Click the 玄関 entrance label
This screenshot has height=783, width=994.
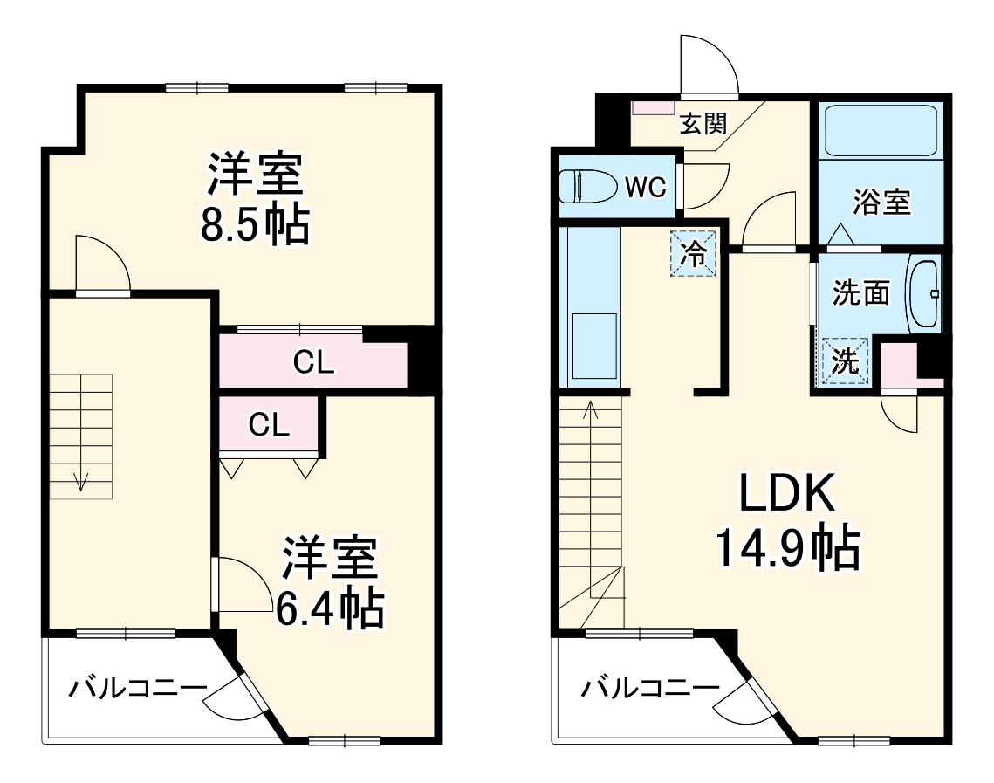703,124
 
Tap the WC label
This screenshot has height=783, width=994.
645,186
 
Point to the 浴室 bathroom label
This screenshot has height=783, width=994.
881,203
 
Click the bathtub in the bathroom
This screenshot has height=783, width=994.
880,131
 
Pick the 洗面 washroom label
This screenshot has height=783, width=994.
860,293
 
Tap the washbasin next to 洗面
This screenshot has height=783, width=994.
924,294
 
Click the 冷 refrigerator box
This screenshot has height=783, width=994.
695,254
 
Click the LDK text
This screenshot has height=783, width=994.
787,494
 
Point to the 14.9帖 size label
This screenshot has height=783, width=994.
787,547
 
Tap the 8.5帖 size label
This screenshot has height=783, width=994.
254,224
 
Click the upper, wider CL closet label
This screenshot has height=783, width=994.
313,362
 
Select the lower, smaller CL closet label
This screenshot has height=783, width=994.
269,425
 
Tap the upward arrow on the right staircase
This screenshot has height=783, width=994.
589,410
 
